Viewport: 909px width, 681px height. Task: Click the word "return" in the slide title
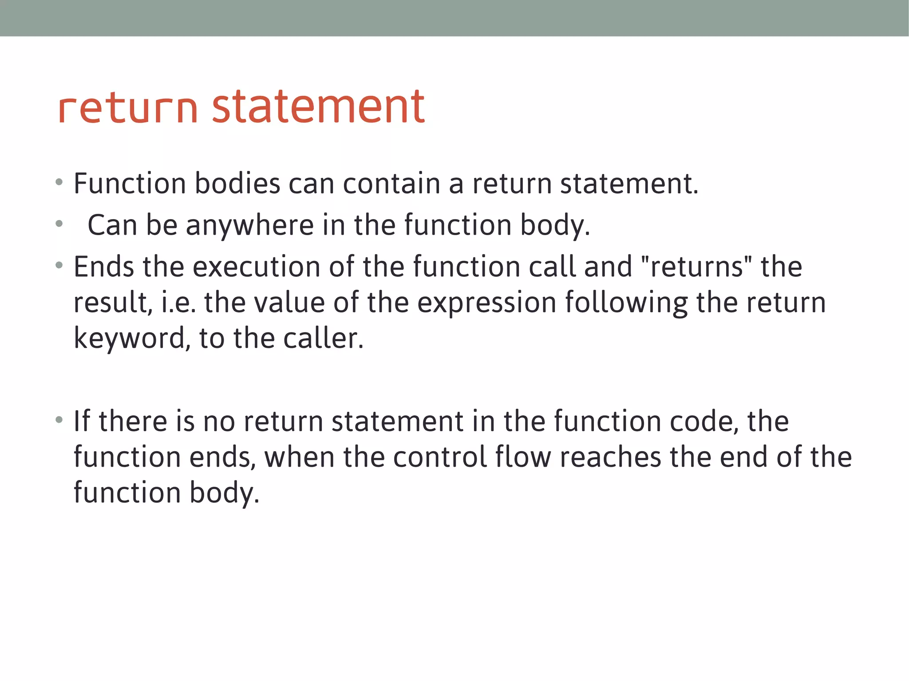pyautogui.click(x=127, y=108)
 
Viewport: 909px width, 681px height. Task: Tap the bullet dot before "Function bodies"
pyautogui.click(x=59, y=181)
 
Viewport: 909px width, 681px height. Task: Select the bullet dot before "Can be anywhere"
pyautogui.click(x=59, y=224)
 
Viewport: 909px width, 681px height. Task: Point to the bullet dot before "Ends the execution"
pyautogui.click(x=59, y=265)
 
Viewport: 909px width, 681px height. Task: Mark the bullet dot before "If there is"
pyautogui.click(x=59, y=419)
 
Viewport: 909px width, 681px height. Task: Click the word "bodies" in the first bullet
pyautogui.click(x=237, y=183)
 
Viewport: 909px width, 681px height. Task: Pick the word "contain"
pyautogui.click(x=391, y=183)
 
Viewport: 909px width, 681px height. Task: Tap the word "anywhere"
pyautogui.click(x=250, y=225)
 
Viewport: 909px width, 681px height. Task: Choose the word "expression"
pyautogui.click(x=487, y=303)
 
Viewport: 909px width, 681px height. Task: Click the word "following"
pyautogui.click(x=626, y=303)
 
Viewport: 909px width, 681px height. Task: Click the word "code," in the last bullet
pyautogui.click(x=704, y=421)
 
